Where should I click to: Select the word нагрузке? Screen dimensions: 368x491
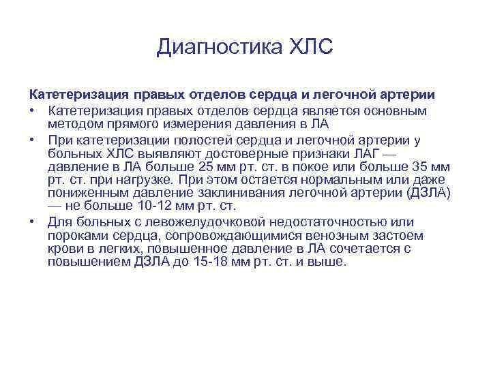point(142,180)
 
